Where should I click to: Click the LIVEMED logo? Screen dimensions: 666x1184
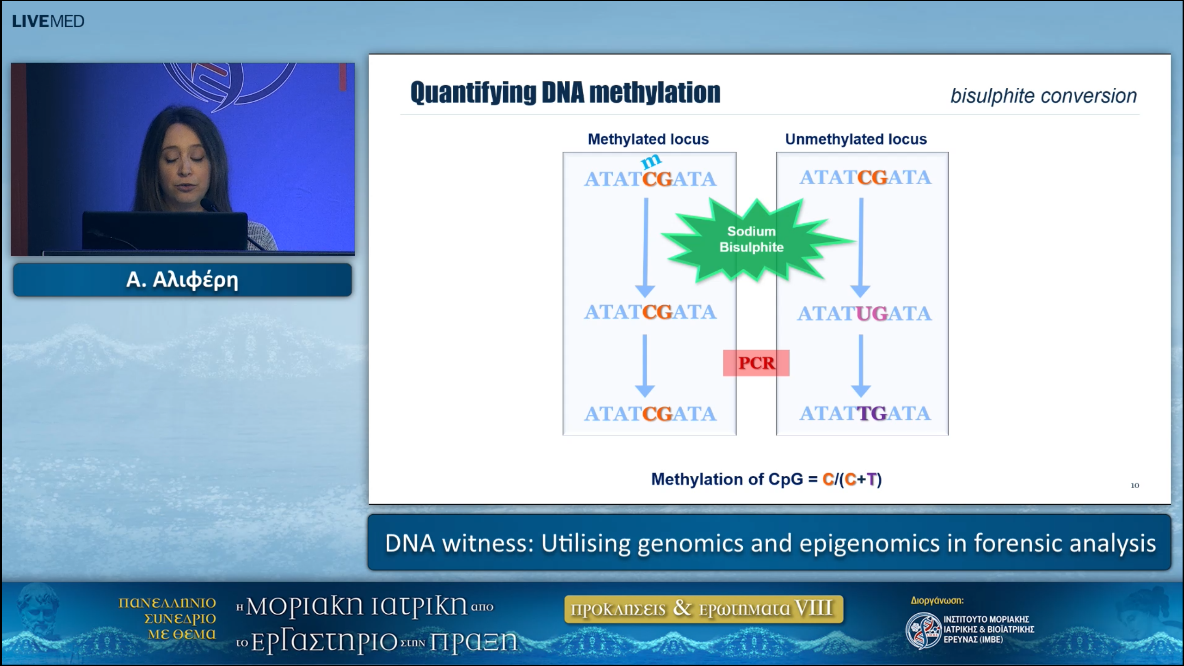(48, 21)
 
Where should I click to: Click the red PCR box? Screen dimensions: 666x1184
(756, 363)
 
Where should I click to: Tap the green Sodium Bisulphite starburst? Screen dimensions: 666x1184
(752, 240)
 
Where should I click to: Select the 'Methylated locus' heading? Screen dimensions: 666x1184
(648, 139)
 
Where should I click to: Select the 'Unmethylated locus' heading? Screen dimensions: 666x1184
(856, 139)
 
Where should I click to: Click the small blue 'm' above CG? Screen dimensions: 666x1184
(651, 161)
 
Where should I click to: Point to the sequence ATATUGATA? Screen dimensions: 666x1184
(864, 314)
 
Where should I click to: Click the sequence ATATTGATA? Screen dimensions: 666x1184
(864, 413)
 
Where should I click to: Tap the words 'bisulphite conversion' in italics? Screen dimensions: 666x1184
(1043, 96)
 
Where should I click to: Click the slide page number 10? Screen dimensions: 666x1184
(1135, 485)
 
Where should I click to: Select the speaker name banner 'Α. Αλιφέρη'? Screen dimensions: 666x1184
(182, 280)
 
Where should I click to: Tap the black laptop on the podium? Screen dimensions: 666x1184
(165, 230)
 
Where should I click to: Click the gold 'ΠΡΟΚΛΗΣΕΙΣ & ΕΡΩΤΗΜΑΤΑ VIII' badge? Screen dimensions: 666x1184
(703, 609)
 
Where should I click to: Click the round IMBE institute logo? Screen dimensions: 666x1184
(923, 630)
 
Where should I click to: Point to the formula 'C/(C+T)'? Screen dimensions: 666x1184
(852, 479)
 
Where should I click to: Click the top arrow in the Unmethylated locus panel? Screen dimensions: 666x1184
(861, 247)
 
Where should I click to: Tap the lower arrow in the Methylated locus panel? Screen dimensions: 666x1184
(645, 365)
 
